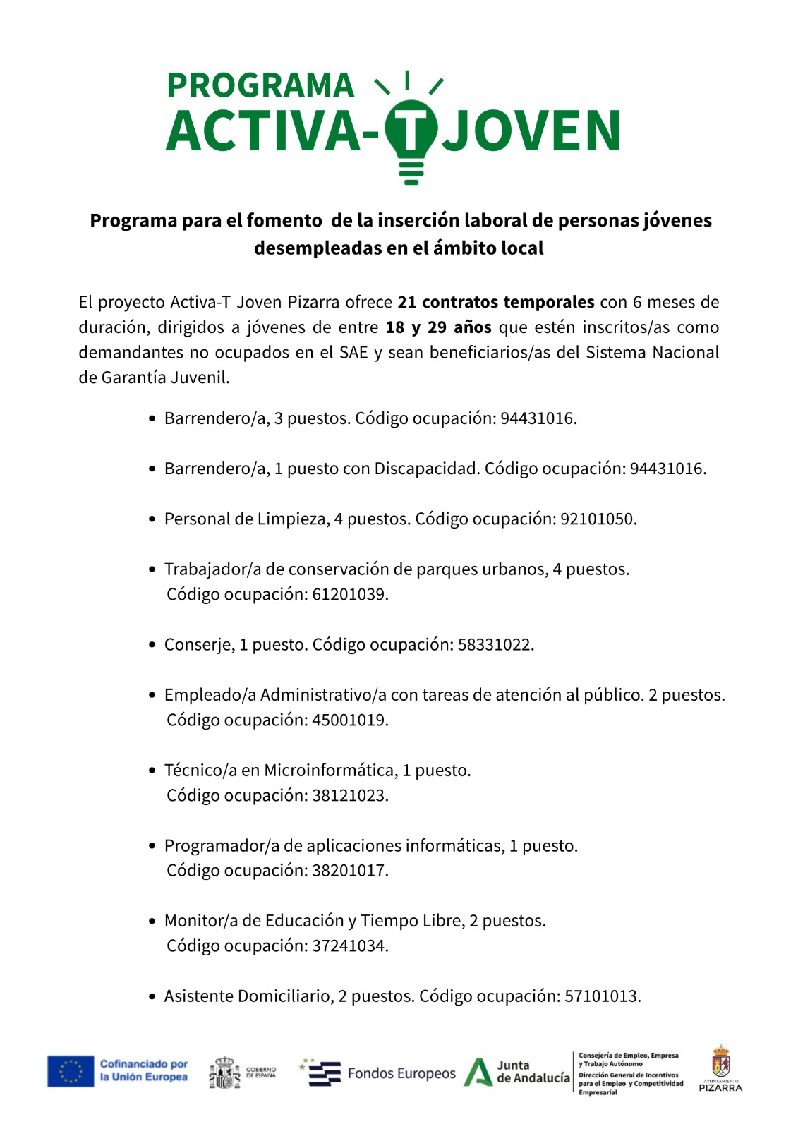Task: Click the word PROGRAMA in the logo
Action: click(260, 86)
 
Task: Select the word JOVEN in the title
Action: click(531, 131)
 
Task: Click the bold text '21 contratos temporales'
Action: click(495, 302)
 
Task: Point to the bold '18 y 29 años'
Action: click(438, 327)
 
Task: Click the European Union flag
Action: click(71, 1071)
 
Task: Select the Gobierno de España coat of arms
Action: click(224, 1073)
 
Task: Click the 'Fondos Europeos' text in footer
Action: click(401, 1074)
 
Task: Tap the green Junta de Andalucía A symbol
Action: click(478, 1073)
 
